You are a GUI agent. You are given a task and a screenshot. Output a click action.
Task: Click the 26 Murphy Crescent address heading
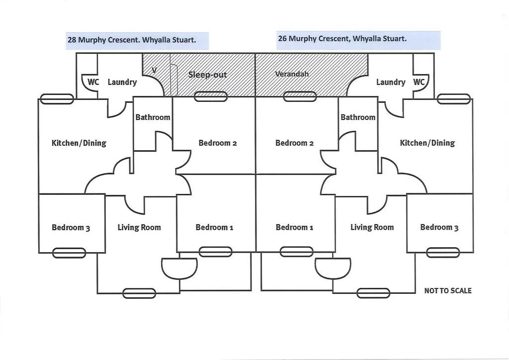(x=342, y=38)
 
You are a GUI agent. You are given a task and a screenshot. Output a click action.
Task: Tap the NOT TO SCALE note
(x=448, y=290)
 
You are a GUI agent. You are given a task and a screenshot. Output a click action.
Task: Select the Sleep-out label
(x=207, y=75)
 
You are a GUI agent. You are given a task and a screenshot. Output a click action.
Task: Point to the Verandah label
(x=292, y=74)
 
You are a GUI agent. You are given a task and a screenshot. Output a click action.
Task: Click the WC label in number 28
(x=93, y=82)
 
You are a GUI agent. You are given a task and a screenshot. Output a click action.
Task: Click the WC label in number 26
(x=419, y=82)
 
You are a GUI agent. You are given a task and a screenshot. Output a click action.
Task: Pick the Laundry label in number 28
(x=122, y=82)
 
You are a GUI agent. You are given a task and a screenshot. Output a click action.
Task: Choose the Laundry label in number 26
(x=391, y=82)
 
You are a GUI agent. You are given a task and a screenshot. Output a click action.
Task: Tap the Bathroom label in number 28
(x=153, y=117)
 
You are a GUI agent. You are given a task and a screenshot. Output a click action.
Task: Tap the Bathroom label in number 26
(x=358, y=117)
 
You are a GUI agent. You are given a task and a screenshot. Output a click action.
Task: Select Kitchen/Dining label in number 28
(x=79, y=143)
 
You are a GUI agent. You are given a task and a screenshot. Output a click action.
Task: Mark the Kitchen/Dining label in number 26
(x=427, y=143)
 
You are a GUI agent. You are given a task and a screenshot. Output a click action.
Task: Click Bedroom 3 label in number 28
(x=71, y=228)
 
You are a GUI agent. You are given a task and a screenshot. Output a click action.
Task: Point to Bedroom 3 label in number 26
(x=439, y=227)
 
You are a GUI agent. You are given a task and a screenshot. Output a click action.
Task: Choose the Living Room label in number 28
(x=139, y=227)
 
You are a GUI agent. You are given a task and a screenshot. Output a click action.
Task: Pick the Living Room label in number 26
(x=372, y=227)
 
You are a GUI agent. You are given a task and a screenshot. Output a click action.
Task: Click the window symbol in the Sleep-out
(x=211, y=96)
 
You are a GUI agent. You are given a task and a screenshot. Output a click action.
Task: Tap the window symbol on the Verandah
(x=300, y=96)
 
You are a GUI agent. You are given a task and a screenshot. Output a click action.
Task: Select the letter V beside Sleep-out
(x=154, y=70)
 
